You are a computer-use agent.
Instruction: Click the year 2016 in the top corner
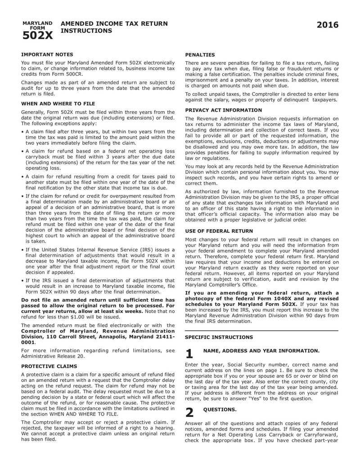327,25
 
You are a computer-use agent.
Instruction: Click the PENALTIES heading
200,54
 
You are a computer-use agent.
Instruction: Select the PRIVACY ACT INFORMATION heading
223,110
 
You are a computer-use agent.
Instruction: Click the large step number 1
189,354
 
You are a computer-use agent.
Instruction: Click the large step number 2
189,412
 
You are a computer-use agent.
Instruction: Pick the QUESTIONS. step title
220,409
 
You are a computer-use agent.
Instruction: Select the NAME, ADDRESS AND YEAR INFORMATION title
261,350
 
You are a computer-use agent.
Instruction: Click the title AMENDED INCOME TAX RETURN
114,23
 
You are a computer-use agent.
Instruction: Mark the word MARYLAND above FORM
37,23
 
